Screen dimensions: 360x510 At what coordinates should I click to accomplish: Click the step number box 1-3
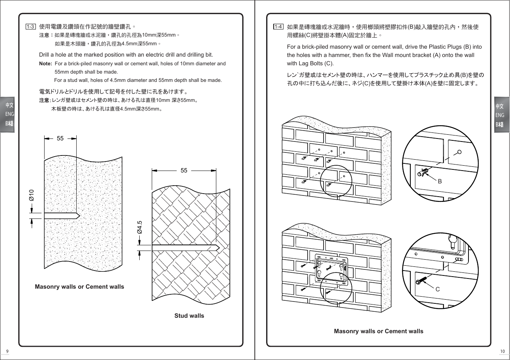point(31,26)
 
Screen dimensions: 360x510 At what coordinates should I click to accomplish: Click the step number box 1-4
point(278,26)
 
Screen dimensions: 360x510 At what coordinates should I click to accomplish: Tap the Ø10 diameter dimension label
point(32,195)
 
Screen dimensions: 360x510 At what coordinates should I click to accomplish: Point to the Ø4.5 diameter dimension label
point(140,227)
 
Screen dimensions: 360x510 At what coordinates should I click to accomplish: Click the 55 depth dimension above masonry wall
point(60,138)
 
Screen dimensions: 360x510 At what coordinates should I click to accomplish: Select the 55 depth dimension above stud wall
point(184,171)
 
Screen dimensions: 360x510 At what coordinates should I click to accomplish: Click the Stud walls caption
point(189,316)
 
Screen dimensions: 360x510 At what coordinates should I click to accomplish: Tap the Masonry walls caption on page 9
point(79,287)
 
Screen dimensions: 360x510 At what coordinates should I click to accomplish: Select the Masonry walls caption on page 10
point(379,331)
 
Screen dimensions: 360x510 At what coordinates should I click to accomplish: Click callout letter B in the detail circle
point(440,182)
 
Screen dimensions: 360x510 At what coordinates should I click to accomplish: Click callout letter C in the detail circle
point(438,289)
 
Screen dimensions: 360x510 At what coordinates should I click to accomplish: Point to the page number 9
point(7,351)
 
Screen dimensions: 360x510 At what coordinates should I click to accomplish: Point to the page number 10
point(502,351)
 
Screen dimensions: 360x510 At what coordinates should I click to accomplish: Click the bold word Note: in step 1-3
point(45,64)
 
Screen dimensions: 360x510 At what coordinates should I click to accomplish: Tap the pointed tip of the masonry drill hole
point(79,216)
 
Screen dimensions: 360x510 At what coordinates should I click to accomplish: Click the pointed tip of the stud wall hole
point(219,248)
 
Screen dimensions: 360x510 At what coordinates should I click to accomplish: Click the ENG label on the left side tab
point(9,114)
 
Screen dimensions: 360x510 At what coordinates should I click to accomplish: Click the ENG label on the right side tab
point(500,115)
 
